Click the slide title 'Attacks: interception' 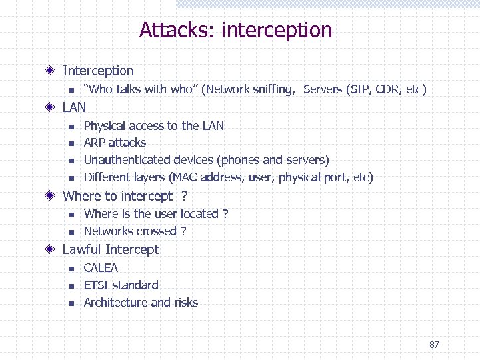pyautogui.click(x=235, y=30)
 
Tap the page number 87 pyautogui.click(x=434, y=345)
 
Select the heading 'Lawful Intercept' pyautogui.click(x=111, y=249)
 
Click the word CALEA pyautogui.click(x=101, y=268)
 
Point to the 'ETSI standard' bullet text pyautogui.click(x=121, y=285)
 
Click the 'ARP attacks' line pyautogui.click(x=115, y=143)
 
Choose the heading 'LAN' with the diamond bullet pyautogui.click(x=74, y=107)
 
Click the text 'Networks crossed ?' pyautogui.click(x=135, y=231)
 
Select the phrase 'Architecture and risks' pyautogui.click(x=141, y=303)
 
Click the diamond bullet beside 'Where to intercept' pyautogui.click(x=51, y=196)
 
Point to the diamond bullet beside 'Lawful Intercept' pyautogui.click(x=51, y=250)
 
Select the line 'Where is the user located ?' pyautogui.click(x=156, y=214)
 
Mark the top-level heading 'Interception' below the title pyautogui.click(x=98, y=71)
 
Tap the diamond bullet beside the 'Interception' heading pyautogui.click(x=51, y=71)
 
